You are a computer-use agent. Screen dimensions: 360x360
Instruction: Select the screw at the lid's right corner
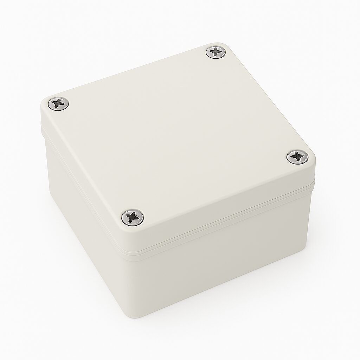[x=297, y=156]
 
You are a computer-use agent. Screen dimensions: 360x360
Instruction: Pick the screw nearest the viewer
[x=133, y=217]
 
